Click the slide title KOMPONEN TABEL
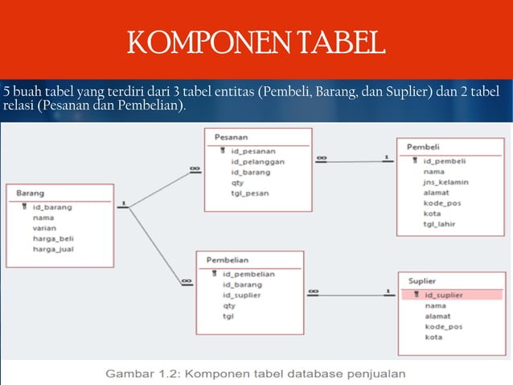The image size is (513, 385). pos(256,42)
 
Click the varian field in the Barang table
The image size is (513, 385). pos(44,228)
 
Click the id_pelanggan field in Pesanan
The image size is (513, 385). pos(257,161)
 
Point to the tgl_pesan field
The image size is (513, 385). pos(249,192)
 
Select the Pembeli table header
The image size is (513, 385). pos(423,147)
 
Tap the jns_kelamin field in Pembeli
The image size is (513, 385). pos(446,182)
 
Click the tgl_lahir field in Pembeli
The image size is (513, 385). pos(440,224)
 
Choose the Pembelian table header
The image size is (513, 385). pos(228,260)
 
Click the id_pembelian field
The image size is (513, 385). pos(248,274)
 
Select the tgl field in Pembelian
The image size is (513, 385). pos(228,316)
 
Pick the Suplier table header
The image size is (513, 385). pos(422,281)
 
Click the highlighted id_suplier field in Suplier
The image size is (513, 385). pos(443,296)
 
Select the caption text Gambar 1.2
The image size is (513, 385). pos(257,373)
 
